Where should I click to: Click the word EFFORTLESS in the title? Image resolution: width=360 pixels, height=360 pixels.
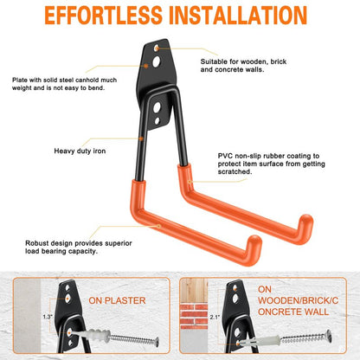(x=104, y=15)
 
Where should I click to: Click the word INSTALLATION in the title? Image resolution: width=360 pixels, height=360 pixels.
(x=238, y=15)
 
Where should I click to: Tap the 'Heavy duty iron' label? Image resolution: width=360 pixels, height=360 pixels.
(x=80, y=151)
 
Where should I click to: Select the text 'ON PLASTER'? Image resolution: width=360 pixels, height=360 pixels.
(x=117, y=300)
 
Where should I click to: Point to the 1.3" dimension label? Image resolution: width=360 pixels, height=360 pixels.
(x=48, y=317)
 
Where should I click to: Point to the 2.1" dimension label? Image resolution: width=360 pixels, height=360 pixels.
(x=215, y=318)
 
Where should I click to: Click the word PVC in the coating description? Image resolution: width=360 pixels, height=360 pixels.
(x=225, y=156)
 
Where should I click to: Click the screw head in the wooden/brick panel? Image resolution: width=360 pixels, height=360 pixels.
(x=329, y=335)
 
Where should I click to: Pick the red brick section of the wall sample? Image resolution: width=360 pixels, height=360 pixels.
(x=194, y=314)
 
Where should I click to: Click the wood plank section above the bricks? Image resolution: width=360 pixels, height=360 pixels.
(x=194, y=290)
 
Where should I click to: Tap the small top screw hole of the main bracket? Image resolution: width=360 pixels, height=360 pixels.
(x=157, y=48)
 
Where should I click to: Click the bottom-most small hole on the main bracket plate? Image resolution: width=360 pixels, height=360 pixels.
(x=157, y=120)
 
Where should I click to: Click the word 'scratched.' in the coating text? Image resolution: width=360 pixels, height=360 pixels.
(x=235, y=172)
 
